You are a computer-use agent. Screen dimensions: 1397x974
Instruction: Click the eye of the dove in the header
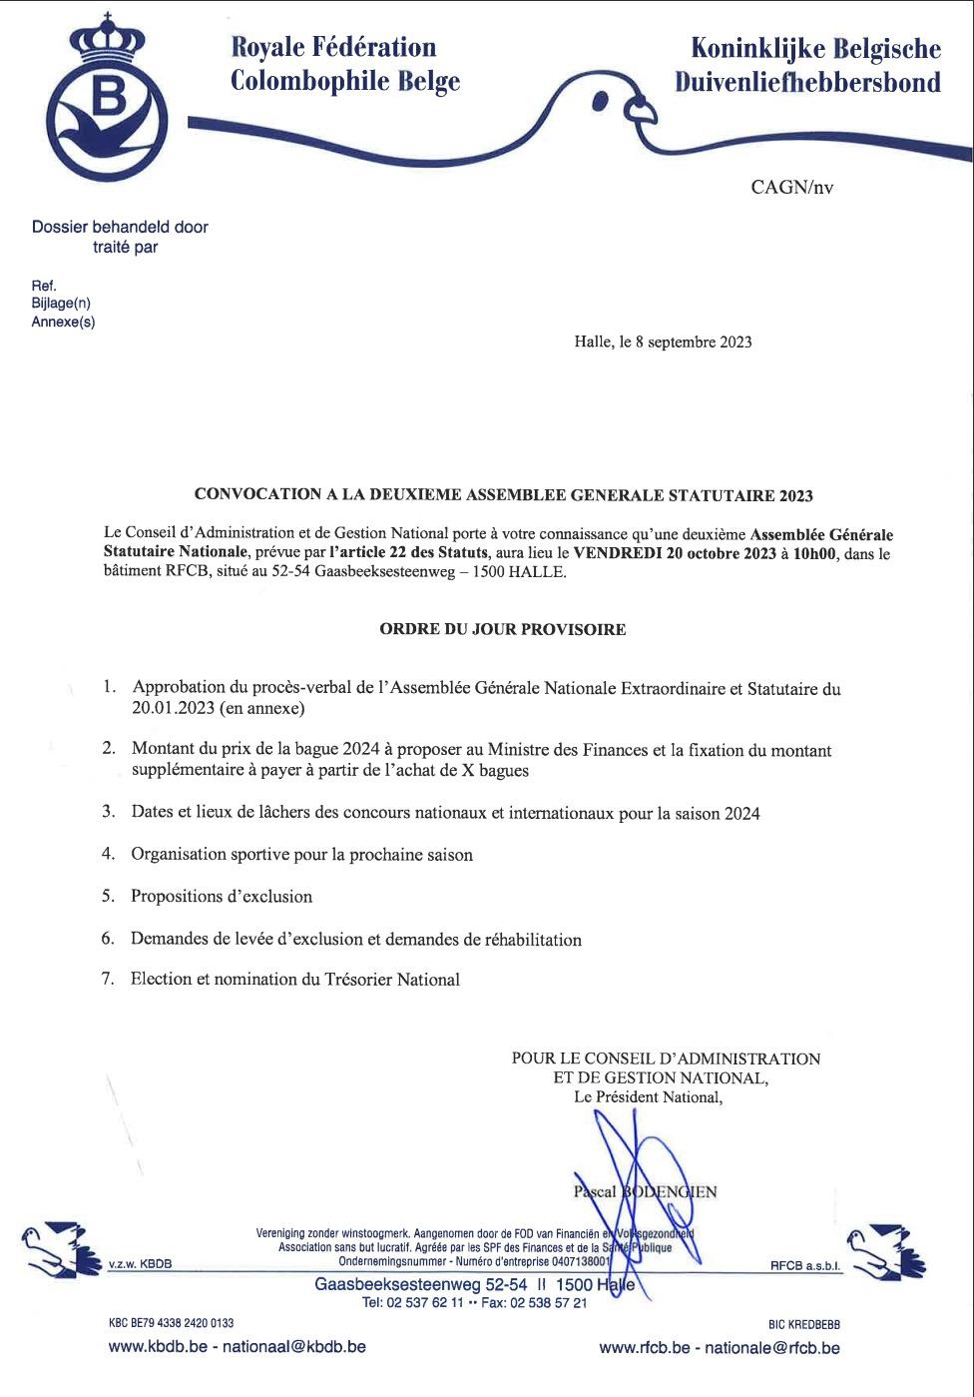[x=601, y=99]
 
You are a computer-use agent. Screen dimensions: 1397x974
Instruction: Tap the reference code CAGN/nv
[x=791, y=187]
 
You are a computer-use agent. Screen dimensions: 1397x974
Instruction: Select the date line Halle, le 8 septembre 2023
[x=663, y=342]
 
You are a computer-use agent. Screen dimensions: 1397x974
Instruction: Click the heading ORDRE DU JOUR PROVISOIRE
[x=503, y=629]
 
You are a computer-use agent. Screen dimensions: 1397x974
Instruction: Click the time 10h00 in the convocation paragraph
[x=816, y=553]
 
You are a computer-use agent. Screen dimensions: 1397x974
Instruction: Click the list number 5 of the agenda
[x=107, y=896]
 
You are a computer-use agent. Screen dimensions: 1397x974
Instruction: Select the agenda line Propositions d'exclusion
[x=222, y=896]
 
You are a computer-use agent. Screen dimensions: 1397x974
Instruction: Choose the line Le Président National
[x=647, y=1097]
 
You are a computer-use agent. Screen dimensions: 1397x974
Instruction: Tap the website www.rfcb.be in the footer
[x=644, y=1347]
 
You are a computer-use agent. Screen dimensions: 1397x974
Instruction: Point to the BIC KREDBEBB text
[x=803, y=1324]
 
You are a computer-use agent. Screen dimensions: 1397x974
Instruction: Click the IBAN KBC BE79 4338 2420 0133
[x=171, y=1323]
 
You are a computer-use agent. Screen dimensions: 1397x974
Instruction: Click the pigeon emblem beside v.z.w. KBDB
[x=57, y=1250]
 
